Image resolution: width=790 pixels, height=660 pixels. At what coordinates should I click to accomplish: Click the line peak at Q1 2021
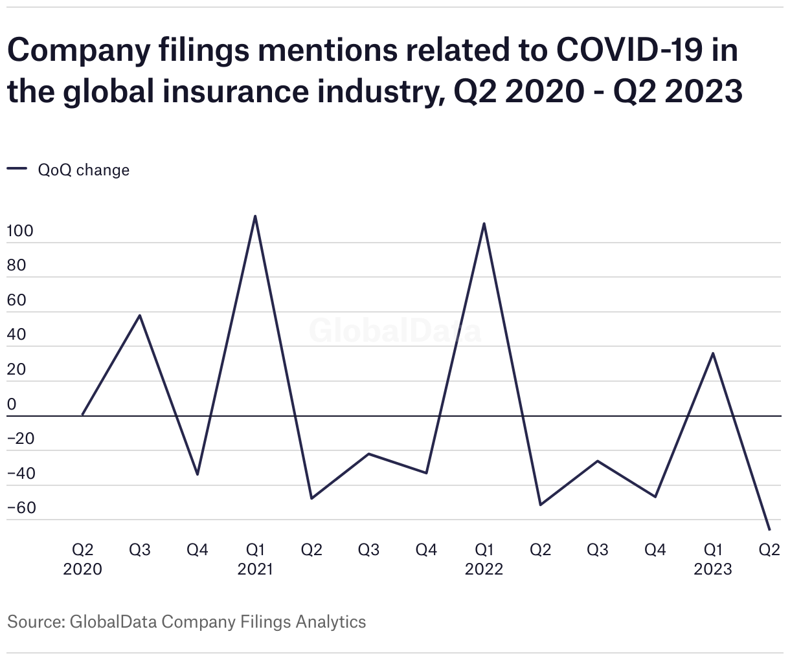255,216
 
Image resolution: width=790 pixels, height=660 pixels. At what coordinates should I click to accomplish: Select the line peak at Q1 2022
484,224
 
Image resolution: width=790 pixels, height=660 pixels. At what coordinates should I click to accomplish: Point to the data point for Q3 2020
140,315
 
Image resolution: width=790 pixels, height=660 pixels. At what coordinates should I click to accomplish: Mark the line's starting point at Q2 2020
82,415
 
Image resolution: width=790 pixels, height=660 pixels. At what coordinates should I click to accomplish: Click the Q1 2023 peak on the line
713,353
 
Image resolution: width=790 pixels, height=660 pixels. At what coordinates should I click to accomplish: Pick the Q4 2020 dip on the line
198,475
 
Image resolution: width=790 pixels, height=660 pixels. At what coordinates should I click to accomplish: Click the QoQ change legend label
84,170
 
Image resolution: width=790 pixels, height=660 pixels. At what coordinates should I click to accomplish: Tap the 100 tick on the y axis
20,231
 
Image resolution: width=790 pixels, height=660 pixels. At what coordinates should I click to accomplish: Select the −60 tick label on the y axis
21,508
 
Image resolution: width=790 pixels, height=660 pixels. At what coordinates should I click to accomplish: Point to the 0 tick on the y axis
12,404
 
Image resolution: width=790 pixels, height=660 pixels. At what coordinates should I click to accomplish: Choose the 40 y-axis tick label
17,335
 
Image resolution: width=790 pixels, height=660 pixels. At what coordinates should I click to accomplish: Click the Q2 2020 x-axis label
82,559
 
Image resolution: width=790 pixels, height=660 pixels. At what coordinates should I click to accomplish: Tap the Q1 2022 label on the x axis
484,559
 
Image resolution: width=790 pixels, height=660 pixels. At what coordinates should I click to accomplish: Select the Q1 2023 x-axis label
713,559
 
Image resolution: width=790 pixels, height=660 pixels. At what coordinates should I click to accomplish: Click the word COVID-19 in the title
629,50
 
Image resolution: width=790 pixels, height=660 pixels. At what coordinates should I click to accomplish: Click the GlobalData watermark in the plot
395,331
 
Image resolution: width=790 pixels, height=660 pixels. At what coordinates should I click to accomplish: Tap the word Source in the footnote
34,622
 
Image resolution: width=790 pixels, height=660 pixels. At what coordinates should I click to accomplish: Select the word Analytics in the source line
330,622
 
